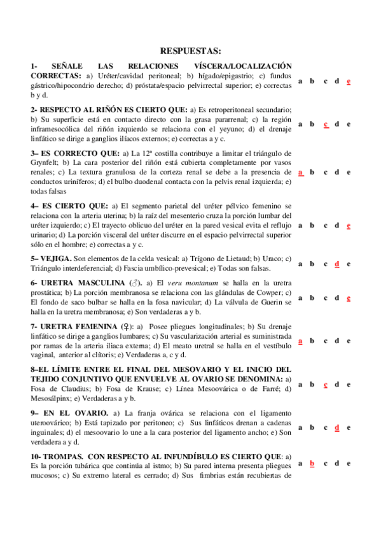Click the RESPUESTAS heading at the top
tap(190, 50)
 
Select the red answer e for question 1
tap(349, 81)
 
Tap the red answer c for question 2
tap(326, 124)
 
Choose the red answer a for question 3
tap(300, 172)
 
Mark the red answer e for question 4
tap(349, 225)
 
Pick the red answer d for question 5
tap(337, 263)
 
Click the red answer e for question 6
tap(349, 297)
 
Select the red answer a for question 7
tap(300, 341)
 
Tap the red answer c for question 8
tap(326, 384)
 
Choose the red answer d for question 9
tap(337, 427)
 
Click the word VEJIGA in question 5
tap(56, 259)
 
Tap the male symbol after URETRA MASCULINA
tap(135, 282)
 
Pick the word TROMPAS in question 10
tap(62, 457)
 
